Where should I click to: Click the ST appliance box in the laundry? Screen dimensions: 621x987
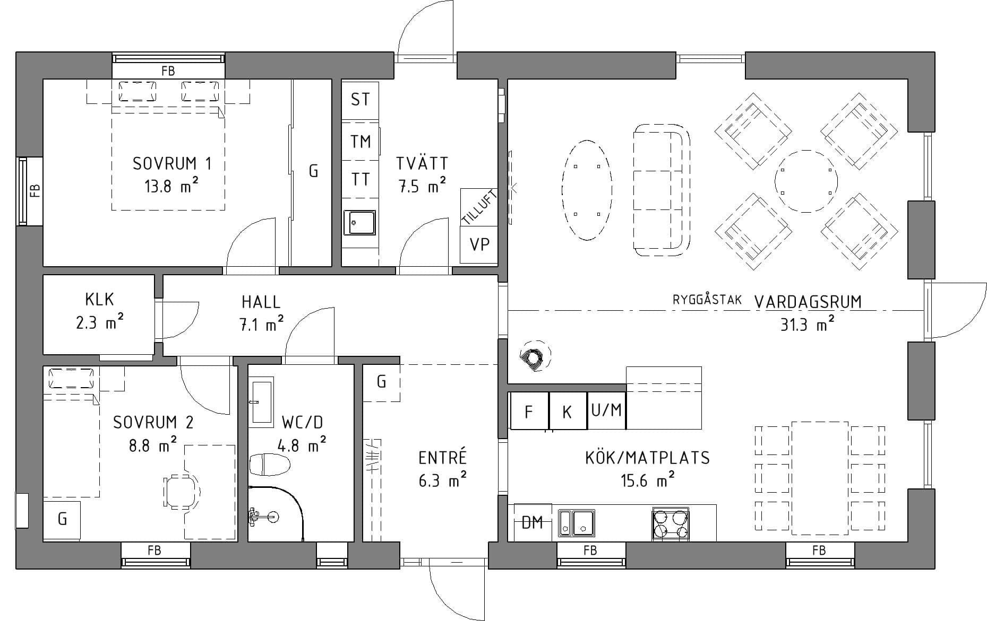pos(360,100)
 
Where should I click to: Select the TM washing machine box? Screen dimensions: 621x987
pos(360,141)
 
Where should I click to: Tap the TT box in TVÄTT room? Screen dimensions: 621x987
pos(360,179)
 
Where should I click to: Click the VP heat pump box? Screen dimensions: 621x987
pos(479,244)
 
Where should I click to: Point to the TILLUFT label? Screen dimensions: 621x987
pos(479,207)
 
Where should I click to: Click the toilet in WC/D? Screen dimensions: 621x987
pos(270,465)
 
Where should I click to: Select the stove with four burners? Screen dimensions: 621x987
pos(671,523)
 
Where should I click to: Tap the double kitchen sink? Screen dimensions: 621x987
pos(576,523)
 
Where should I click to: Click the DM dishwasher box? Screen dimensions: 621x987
pos(533,523)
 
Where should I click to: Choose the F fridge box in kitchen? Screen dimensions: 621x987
pos(528,411)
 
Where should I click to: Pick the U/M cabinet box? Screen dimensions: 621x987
pos(606,410)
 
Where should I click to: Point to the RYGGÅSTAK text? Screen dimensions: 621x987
pos(707,300)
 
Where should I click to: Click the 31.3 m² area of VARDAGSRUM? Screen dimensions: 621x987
pos(806,324)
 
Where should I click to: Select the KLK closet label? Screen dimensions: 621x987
pos(99,300)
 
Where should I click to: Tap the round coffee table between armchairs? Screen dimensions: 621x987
pos(806,181)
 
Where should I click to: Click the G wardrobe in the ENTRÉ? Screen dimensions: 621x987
pos(381,382)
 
